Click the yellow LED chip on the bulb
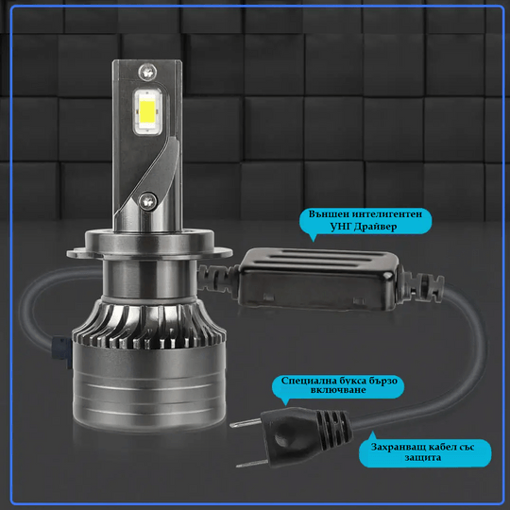pos(147,111)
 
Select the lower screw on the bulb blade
pos(148,200)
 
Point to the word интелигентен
pos(387,214)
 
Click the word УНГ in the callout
pos(340,227)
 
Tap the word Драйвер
pos(375,227)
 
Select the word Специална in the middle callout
pos(307,381)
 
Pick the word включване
pos(338,390)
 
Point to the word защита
pos(423,458)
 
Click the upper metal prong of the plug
pos(246,423)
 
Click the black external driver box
pos(317,279)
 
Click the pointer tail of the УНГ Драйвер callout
pos(313,238)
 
